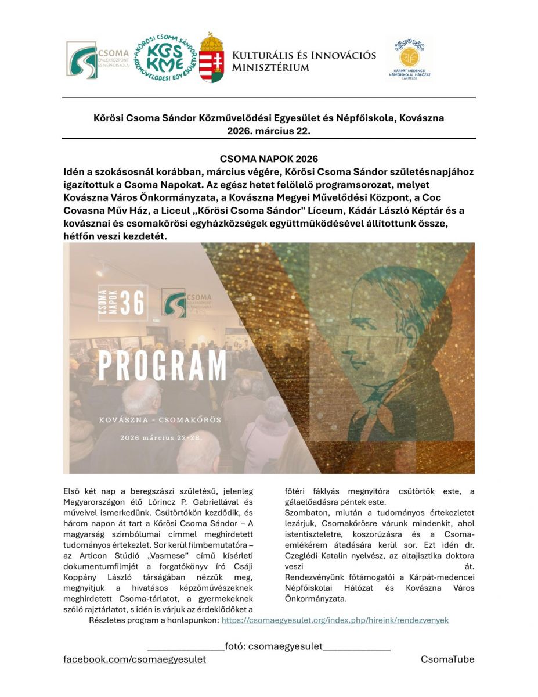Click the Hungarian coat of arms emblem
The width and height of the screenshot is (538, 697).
[212, 58]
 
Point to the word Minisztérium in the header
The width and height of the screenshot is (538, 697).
[270, 67]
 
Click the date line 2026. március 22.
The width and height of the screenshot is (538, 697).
[269, 131]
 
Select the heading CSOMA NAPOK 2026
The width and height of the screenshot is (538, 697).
[269, 159]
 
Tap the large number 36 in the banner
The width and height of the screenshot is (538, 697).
[133, 303]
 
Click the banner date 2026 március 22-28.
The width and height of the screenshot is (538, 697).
[161, 437]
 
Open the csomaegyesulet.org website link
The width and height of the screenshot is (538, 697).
[335, 620]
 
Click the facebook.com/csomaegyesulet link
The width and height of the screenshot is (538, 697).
[135, 659]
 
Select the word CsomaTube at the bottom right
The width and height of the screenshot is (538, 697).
[447, 659]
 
